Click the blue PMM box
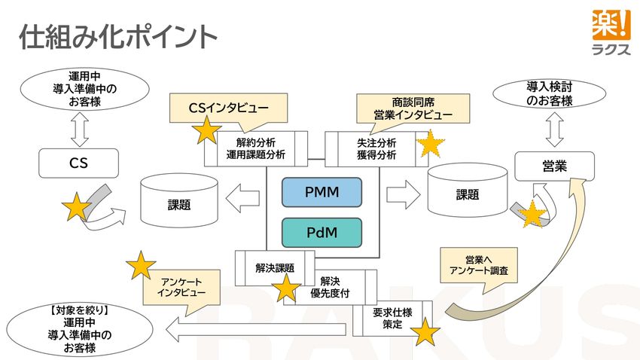coord(322,192)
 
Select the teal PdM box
coord(322,233)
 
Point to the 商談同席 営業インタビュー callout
coord(413,108)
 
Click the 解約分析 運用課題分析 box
coord(256,149)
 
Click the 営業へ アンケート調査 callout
coord(478,264)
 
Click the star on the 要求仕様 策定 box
coord(425,331)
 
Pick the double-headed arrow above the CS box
coord(79,130)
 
